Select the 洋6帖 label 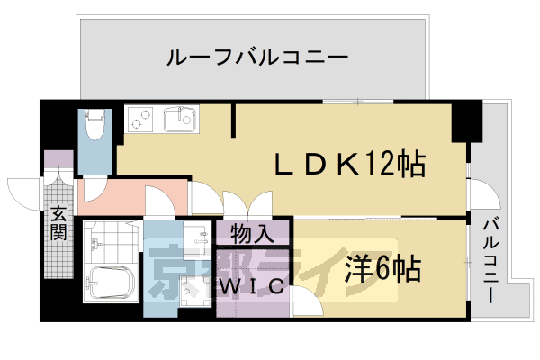coord(382,267)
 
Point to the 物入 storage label coord(253,234)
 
